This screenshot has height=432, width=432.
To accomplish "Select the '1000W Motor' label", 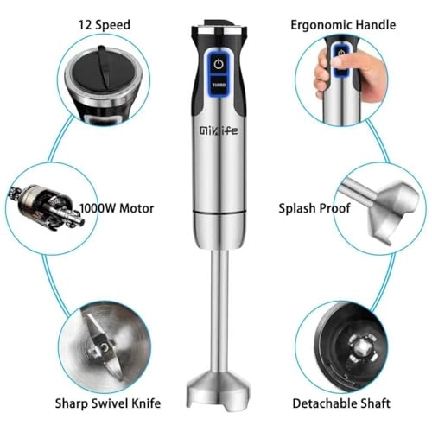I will pos(118,208).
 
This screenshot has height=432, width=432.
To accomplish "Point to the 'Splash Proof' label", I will pos(313,208).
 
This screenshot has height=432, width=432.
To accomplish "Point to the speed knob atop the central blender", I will pos(217,29).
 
